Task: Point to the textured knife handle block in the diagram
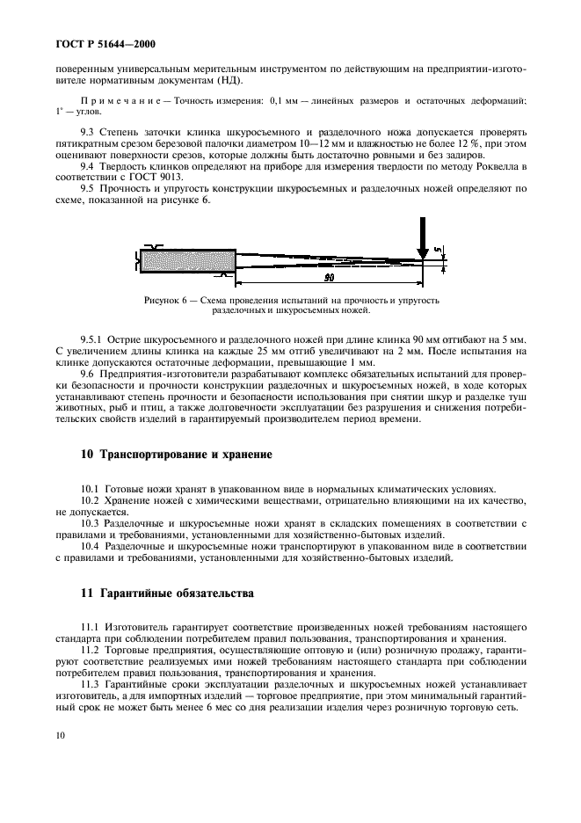[x=187, y=260]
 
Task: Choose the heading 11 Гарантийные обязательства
[x=167, y=594]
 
